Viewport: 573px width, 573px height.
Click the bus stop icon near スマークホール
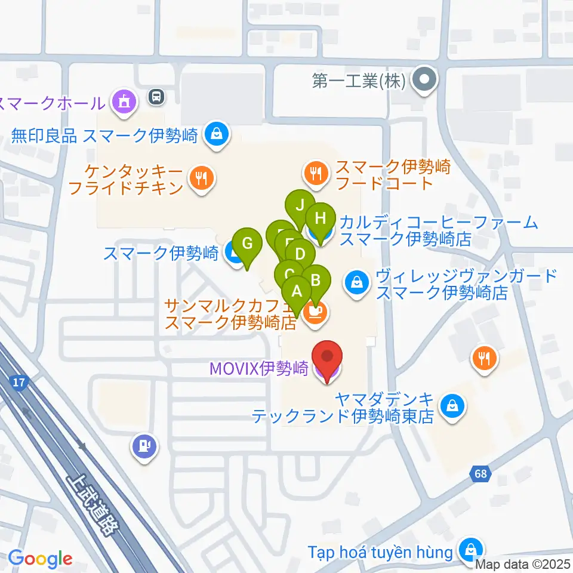point(156,95)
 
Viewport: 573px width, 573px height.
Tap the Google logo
point(41,559)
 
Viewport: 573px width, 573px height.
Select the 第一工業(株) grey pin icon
point(426,81)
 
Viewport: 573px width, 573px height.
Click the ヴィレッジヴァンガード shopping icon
point(357,281)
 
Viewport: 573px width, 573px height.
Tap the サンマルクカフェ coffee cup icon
point(315,312)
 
